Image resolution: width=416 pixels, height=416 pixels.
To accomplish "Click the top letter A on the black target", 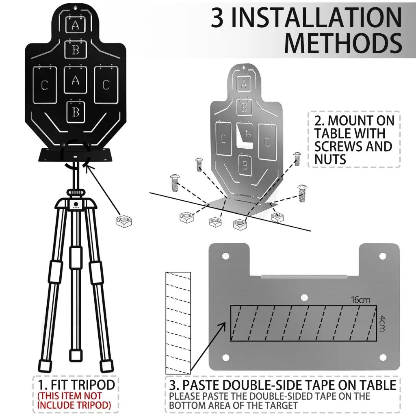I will (75, 25).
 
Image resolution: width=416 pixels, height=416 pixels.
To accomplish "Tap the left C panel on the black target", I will (45, 85).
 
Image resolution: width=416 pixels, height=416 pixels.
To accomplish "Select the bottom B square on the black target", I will (76, 111).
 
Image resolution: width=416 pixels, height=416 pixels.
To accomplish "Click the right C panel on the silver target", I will (267, 141).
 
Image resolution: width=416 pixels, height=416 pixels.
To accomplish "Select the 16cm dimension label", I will (361, 300).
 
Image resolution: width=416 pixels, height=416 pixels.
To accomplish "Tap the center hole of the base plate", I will (303, 297).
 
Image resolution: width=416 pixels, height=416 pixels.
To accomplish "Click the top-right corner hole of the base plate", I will (382, 256).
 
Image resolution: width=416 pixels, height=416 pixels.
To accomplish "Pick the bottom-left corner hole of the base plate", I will (224, 357).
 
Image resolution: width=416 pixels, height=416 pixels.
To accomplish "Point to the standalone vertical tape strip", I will (178, 323).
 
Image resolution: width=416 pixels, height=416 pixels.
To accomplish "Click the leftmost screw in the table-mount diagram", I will (175, 183).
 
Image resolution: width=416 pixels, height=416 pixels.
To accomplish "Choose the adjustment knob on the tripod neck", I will (74, 191).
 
